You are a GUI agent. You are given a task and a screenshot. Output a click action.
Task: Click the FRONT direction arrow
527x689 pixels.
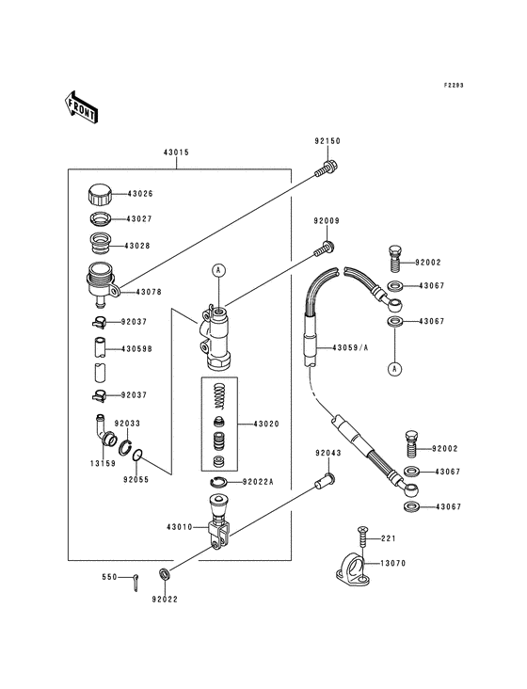coord(81,106)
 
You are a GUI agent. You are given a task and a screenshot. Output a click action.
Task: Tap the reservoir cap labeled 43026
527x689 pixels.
coord(100,194)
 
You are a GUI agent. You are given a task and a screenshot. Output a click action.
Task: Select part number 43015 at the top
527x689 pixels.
coord(176,152)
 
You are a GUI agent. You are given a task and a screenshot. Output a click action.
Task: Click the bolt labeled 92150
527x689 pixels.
coord(327,168)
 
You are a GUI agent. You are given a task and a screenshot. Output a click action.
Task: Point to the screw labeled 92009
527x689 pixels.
coord(325,248)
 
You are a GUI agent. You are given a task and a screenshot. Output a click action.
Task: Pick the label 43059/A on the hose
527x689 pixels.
coord(350,348)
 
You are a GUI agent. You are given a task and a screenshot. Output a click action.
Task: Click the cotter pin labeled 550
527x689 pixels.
coord(136,583)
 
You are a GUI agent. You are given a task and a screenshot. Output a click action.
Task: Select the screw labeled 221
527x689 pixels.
coord(362,537)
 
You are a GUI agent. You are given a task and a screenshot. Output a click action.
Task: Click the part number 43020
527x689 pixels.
coord(266,424)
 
